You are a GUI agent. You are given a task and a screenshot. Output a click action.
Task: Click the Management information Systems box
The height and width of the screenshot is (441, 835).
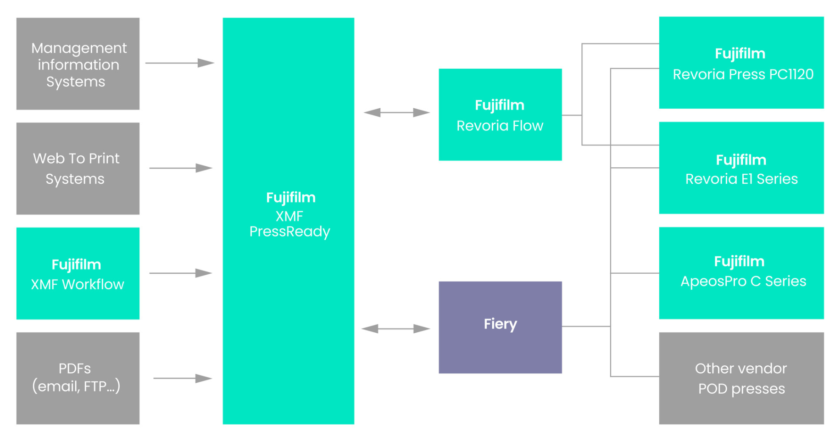click(x=78, y=64)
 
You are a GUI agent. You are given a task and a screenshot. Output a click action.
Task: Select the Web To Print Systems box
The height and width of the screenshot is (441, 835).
click(x=78, y=168)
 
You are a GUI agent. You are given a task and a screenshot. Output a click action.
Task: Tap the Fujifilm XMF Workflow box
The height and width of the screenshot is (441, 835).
click(x=78, y=273)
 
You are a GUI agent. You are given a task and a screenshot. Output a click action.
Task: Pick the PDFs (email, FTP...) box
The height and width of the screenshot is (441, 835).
click(x=78, y=378)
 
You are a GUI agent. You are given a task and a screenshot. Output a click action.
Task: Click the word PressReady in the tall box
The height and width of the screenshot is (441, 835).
click(x=289, y=232)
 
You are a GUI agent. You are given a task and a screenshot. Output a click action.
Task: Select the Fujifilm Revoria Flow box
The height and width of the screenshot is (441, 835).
click(x=500, y=115)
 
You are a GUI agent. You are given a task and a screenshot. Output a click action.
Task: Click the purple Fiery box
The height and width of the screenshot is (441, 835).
click(x=500, y=327)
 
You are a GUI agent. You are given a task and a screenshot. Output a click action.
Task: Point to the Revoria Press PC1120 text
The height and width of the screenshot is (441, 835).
click(x=743, y=74)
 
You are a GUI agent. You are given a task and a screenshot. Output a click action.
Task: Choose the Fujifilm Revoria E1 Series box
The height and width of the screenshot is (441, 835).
click(x=741, y=168)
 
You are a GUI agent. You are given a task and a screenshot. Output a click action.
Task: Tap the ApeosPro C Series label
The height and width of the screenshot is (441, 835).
click(x=743, y=281)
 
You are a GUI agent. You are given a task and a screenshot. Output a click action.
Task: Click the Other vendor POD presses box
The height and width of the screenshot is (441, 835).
click(x=741, y=378)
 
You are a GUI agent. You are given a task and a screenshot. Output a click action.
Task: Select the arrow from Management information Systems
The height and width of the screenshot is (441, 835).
click(x=179, y=63)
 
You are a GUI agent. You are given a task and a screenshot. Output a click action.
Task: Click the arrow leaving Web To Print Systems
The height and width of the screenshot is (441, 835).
click(x=180, y=168)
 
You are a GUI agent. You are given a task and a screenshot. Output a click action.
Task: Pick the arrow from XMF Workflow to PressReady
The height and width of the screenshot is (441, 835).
click(x=180, y=273)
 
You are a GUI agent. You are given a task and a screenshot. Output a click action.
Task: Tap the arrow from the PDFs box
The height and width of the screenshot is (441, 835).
click(x=182, y=378)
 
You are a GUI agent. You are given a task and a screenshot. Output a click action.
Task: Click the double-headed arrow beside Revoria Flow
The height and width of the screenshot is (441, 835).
click(x=396, y=112)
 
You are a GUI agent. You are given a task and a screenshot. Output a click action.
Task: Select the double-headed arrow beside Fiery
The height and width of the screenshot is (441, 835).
click(x=395, y=329)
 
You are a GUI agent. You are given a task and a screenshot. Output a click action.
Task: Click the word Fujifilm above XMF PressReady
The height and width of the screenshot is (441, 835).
click(x=290, y=198)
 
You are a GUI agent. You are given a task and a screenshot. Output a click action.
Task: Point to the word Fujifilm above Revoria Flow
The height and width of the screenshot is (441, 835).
click(x=499, y=105)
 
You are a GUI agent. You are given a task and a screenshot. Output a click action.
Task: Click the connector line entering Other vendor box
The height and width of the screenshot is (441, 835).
click(x=635, y=376)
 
